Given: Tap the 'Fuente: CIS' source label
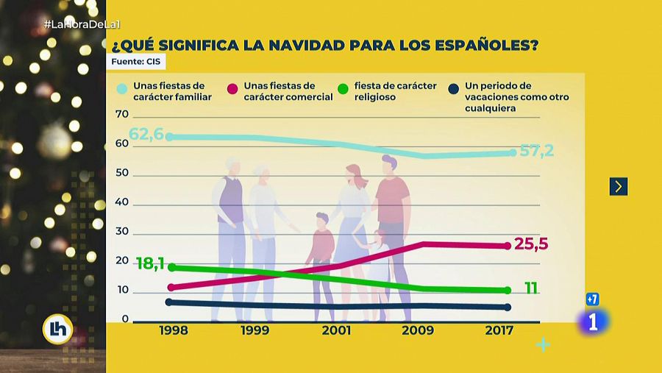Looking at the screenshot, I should (136, 62).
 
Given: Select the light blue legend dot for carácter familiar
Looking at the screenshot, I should (123, 90).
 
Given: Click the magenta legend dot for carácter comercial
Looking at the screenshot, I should (233, 90).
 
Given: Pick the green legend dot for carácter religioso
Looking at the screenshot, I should (343, 90).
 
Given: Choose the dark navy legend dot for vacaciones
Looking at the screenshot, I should (454, 90).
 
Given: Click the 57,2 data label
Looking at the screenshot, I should (536, 151).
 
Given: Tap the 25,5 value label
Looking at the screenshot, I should (531, 244).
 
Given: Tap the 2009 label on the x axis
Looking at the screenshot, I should (417, 331).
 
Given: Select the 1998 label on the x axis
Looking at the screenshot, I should (173, 331).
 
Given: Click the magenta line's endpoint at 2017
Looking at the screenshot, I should (508, 246).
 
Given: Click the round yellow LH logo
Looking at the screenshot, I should (57, 330).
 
